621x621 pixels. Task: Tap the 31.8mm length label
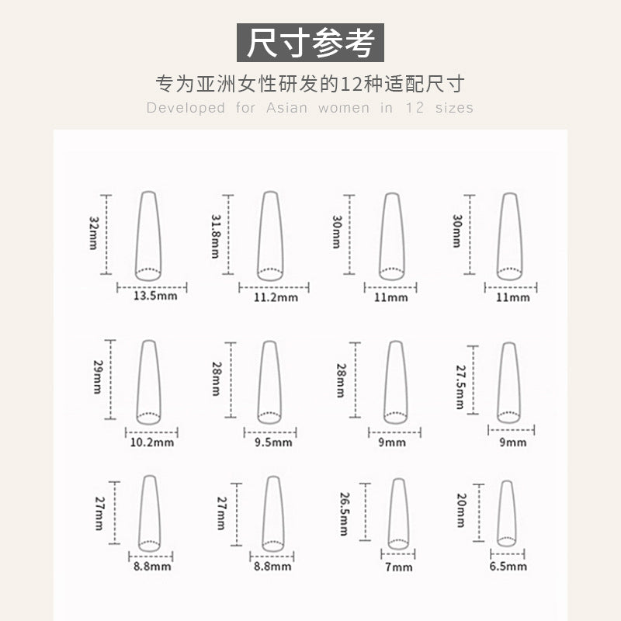(x=215, y=236)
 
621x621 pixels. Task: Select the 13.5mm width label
(x=155, y=296)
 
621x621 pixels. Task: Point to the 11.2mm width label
(x=276, y=297)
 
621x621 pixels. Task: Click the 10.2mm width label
(x=152, y=442)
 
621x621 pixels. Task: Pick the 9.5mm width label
(x=273, y=442)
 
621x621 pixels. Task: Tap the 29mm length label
(x=98, y=376)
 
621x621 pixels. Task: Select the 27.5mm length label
(x=460, y=387)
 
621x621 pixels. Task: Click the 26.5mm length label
(x=344, y=514)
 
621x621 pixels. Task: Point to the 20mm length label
(x=461, y=510)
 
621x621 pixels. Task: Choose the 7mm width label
(x=399, y=567)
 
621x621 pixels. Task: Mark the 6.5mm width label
(x=508, y=566)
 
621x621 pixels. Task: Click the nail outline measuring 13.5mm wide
(x=137, y=238)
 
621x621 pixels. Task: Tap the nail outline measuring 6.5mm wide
(x=498, y=515)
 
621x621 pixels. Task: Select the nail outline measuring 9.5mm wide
(x=259, y=384)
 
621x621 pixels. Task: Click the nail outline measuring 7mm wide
(x=390, y=515)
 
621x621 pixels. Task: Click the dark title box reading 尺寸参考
(x=310, y=43)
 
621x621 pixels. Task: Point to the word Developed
(x=186, y=108)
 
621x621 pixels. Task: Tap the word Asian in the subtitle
(x=286, y=108)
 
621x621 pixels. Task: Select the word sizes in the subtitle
(x=454, y=108)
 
